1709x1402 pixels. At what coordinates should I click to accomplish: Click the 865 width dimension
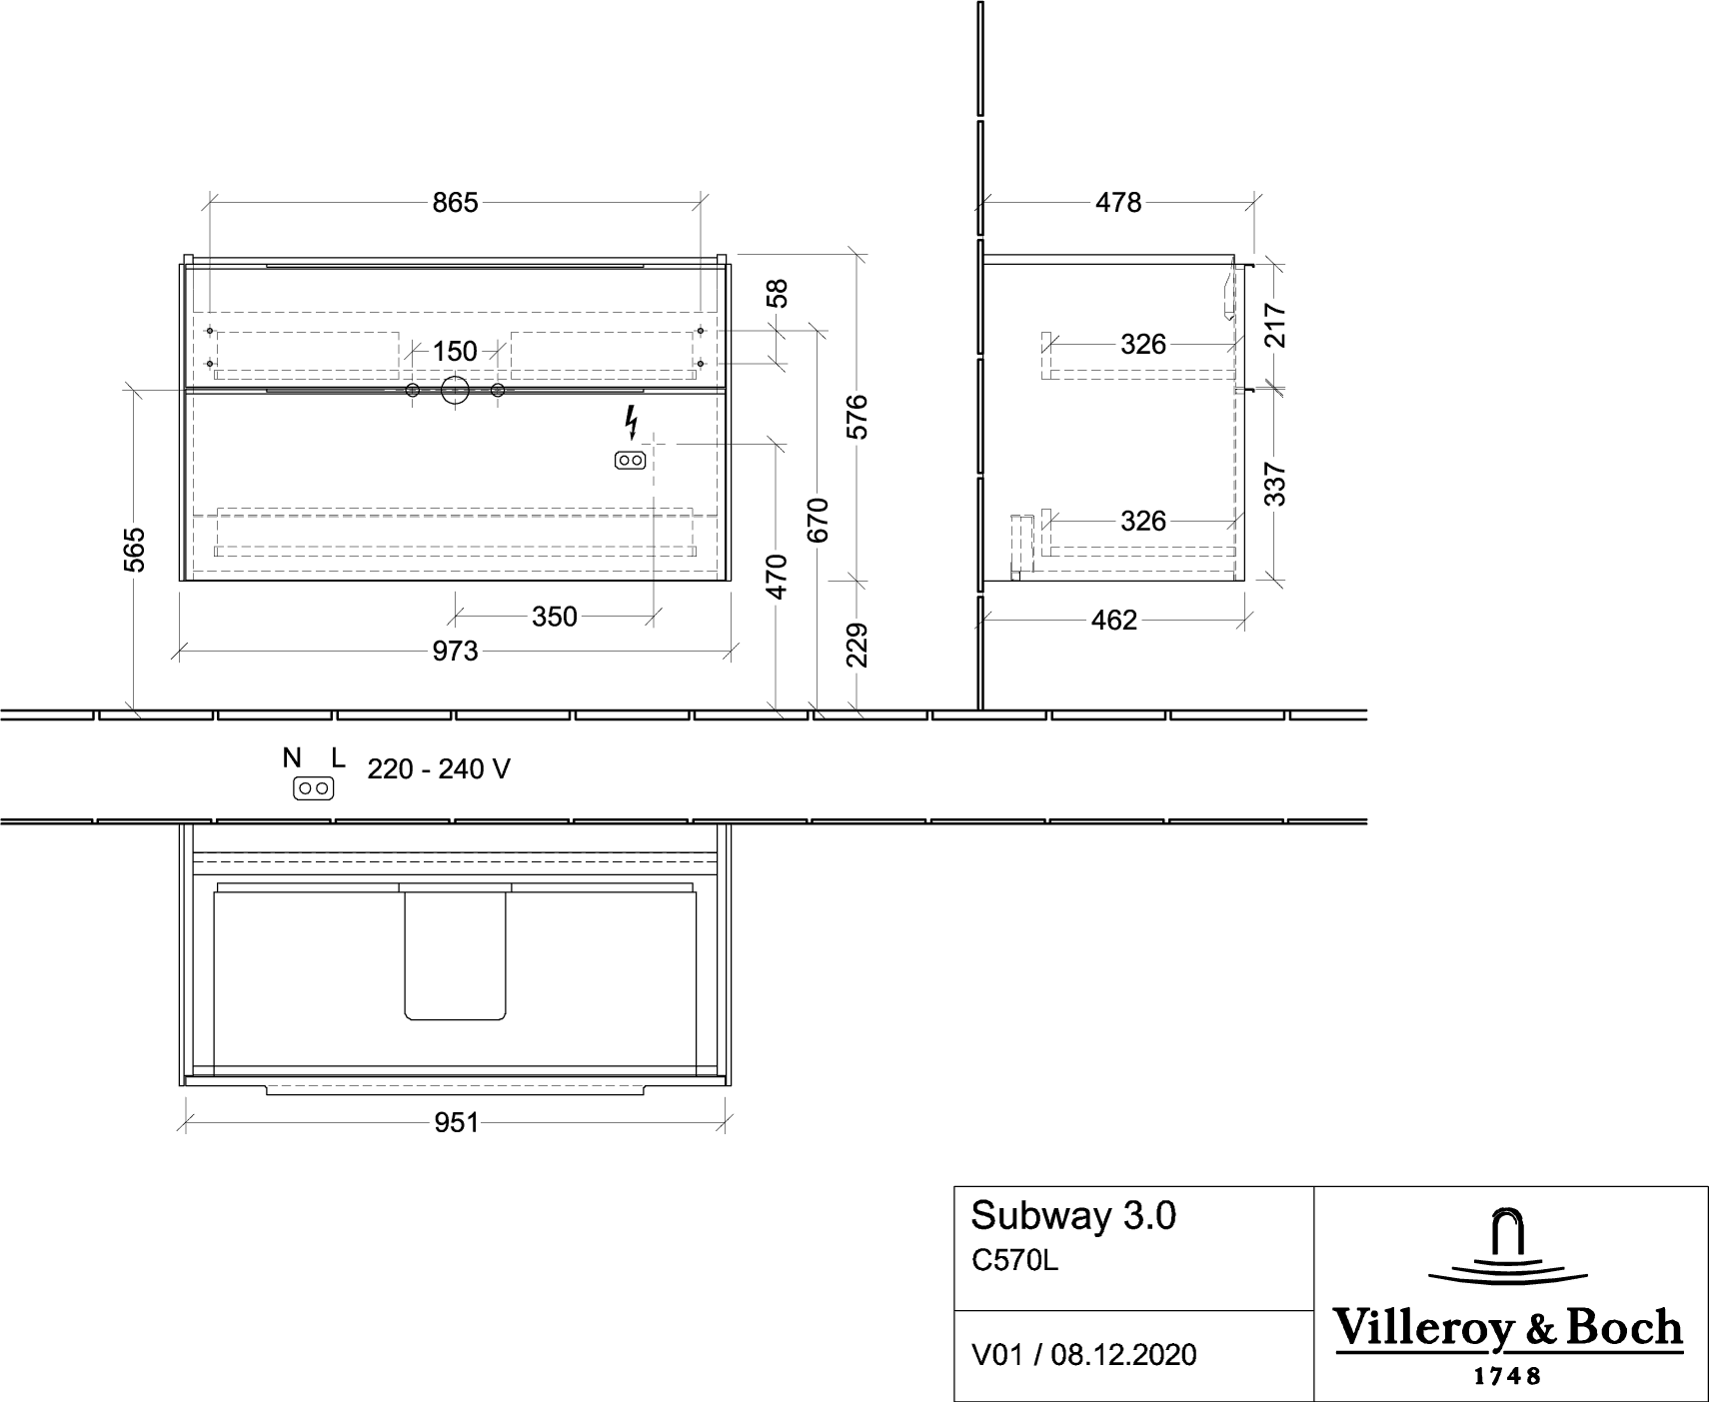[x=455, y=203]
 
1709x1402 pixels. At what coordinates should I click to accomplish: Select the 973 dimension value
[x=455, y=652]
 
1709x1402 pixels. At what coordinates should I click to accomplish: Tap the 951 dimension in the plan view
[x=456, y=1123]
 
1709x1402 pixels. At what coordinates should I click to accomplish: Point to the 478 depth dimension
[x=1118, y=203]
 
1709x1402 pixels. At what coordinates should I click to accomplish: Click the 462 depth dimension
[x=1114, y=621]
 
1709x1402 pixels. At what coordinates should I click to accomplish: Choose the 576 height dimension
[x=857, y=417]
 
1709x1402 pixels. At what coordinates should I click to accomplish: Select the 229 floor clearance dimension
[x=857, y=646]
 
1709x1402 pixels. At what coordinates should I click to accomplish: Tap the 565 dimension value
[x=135, y=550]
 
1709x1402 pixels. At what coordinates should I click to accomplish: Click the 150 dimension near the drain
[x=455, y=352]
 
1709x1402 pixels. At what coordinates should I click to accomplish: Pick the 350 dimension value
[x=555, y=617]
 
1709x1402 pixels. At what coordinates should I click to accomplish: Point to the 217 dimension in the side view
[x=1276, y=325]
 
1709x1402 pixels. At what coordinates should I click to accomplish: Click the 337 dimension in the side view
[x=1276, y=484]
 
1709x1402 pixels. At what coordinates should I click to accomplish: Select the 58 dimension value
[x=778, y=294]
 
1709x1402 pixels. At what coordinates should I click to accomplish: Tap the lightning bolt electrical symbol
[x=631, y=423]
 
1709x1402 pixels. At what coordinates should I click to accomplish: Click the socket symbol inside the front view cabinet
[x=630, y=461]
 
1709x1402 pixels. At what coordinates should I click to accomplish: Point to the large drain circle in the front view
[x=455, y=392]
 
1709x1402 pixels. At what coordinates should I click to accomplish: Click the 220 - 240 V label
[x=439, y=769]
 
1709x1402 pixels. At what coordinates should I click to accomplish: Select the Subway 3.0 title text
[x=1073, y=1216]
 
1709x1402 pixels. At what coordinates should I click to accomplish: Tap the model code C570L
[x=1014, y=1262]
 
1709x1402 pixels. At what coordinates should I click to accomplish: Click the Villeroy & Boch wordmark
[x=1509, y=1328]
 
